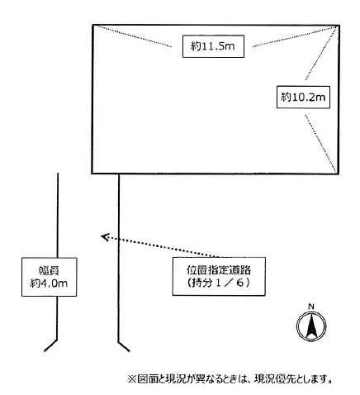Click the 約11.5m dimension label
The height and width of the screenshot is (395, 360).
[x=213, y=46]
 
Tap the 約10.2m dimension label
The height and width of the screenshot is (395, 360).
[x=303, y=97]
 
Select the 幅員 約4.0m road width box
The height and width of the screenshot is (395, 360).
[x=50, y=277]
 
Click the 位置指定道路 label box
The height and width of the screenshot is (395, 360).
[x=219, y=277]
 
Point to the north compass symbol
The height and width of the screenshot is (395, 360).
[x=311, y=326]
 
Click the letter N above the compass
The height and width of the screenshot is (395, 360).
[x=311, y=307]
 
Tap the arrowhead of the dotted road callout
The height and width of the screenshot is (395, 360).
[x=104, y=236]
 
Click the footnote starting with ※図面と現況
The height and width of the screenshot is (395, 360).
[x=230, y=379]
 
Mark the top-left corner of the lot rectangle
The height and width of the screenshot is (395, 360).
[x=92, y=26]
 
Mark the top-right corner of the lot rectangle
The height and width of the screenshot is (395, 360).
[x=339, y=26]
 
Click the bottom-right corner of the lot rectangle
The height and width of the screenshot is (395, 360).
[x=339, y=174]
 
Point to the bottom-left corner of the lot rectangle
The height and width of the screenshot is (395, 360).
[x=92, y=174]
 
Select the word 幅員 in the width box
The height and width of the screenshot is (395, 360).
[x=50, y=271]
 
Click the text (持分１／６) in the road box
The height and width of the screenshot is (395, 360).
[x=219, y=283]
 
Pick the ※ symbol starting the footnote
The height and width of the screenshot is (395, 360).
[x=132, y=379]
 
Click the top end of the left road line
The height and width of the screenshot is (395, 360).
[x=58, y=174]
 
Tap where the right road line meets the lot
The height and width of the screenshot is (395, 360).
[x=119, y=174]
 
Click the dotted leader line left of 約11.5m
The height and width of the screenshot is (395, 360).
[x=134, y=36]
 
